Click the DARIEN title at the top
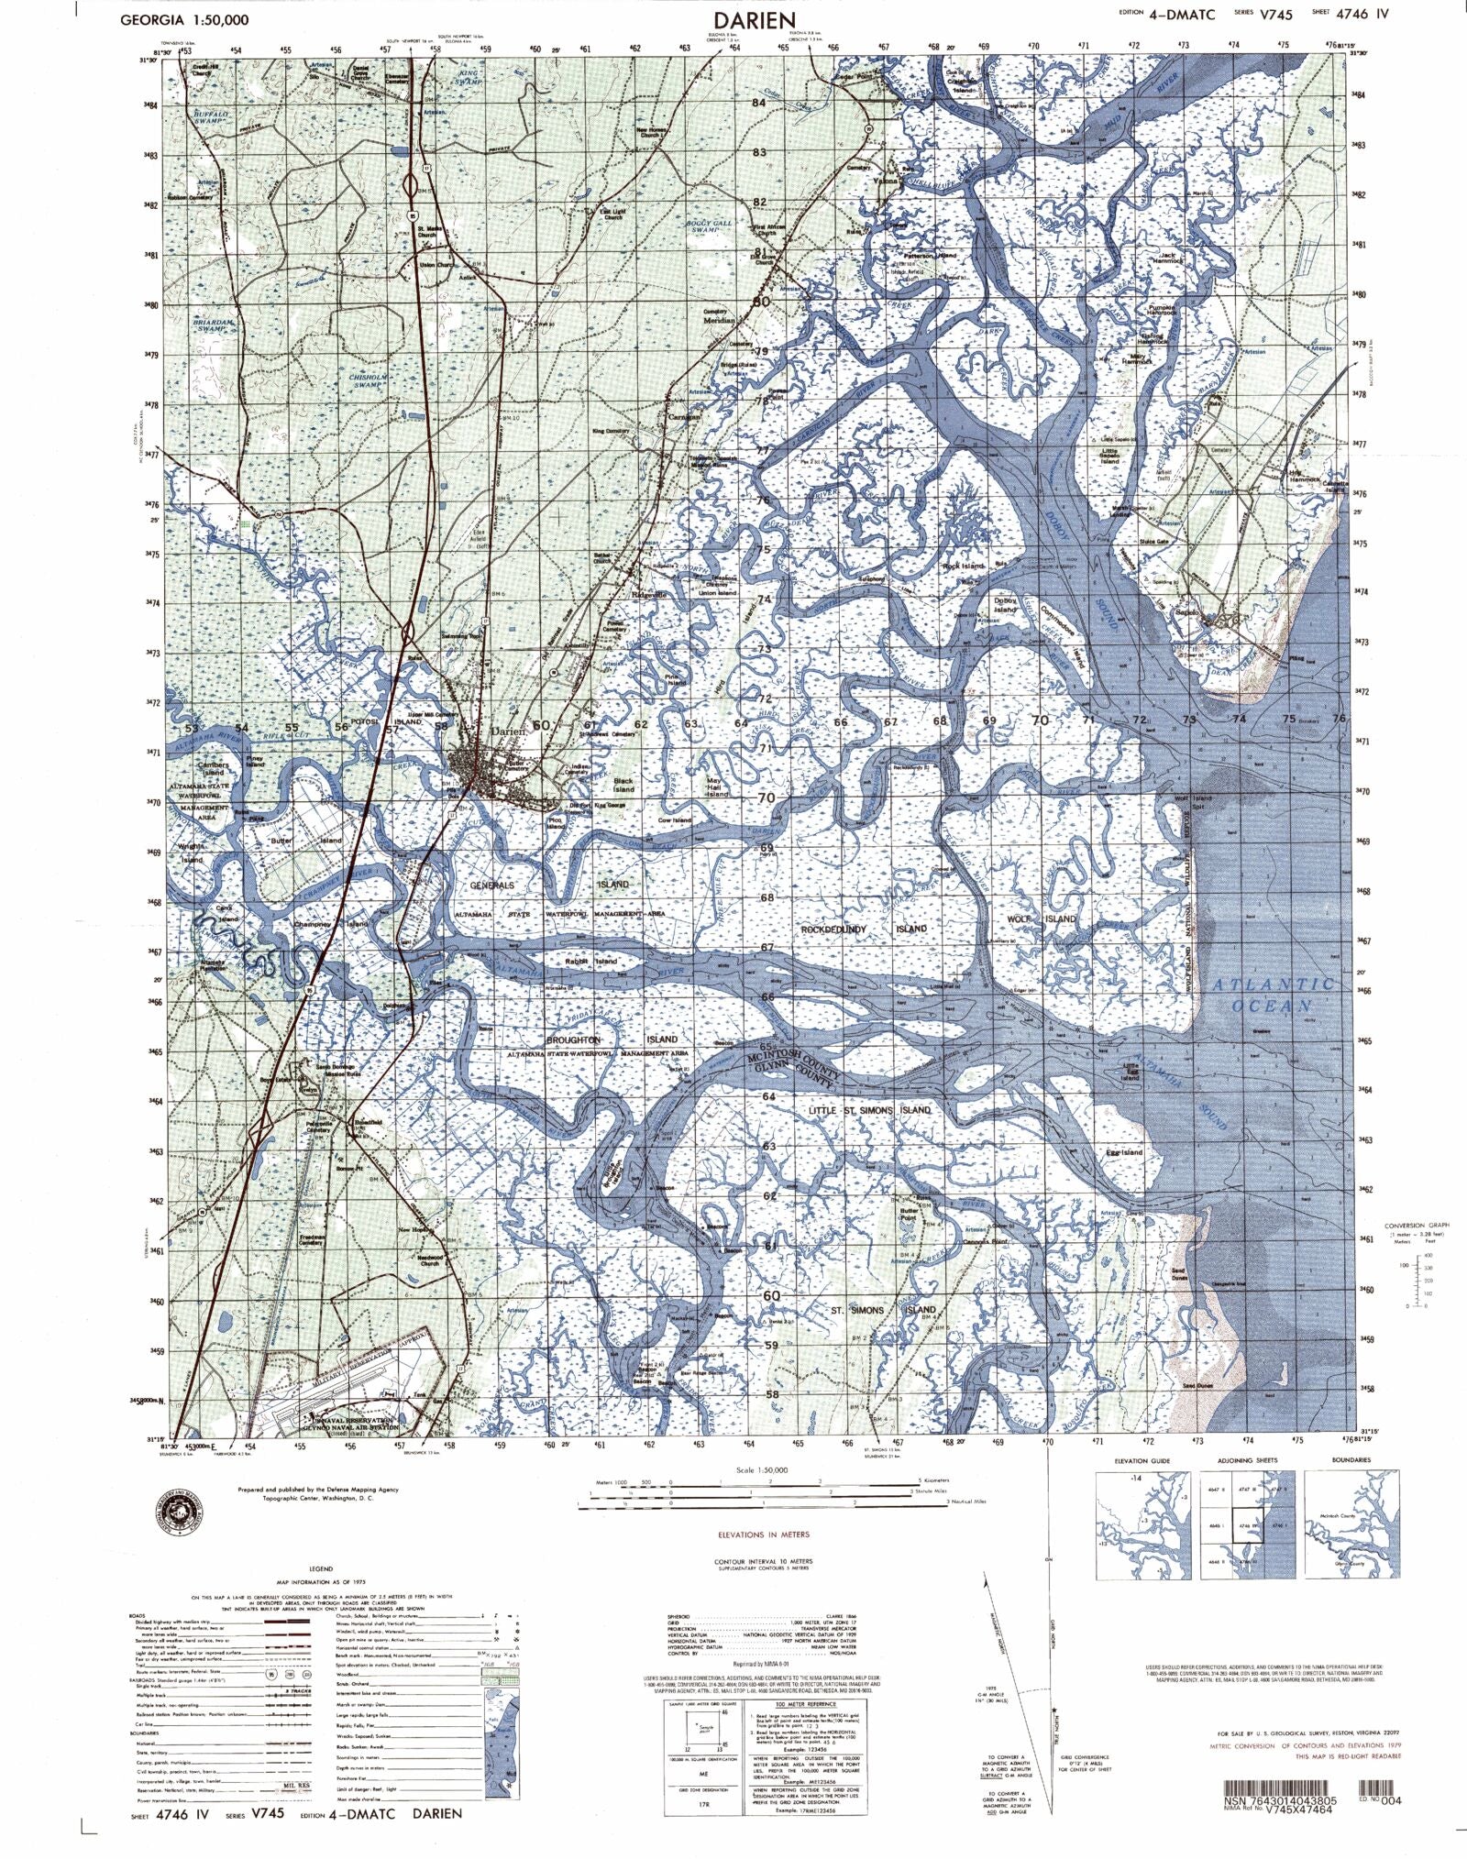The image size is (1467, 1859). point(756,19)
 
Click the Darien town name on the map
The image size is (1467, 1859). point(509,731)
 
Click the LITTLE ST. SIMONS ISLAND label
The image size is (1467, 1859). point(868,1110)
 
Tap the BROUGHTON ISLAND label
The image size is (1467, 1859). point(612,1039)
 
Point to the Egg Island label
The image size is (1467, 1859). point(1124,1152)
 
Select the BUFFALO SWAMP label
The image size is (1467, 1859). point(210,117)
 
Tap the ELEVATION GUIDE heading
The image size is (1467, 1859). point(1142,1460)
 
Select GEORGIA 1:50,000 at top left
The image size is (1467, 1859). point(183,19)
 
